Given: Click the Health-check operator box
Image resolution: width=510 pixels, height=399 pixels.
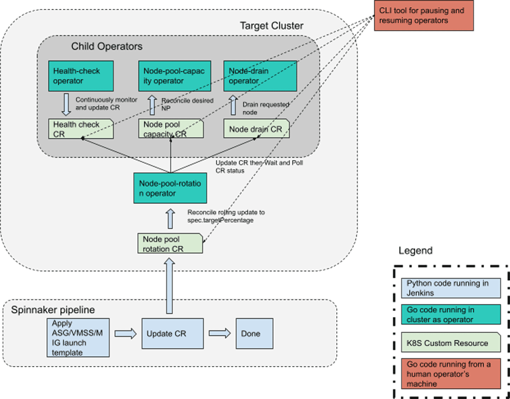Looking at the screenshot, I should pyautogui.click(x=75, y=76).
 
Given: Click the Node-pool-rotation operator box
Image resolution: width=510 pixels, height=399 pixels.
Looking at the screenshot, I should pyautogui.click(x=170, y=188).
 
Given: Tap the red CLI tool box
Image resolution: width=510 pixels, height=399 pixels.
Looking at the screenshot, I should pyautogui.click(x=423, y=16).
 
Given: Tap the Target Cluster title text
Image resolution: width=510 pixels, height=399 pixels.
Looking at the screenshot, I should pyautogui.click(x=272, y=26).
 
